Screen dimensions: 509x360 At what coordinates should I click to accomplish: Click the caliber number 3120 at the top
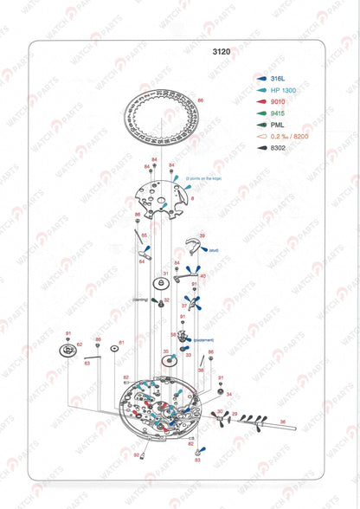(222, 52)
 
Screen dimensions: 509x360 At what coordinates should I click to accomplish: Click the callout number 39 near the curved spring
(202, 235)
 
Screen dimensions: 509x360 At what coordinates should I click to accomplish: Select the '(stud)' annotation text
(213, 250)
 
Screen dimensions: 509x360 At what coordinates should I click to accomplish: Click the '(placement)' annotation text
(204, 339)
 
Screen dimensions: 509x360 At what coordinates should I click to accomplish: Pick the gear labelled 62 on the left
(66, 350)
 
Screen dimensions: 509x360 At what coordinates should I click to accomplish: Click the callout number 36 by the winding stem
(282, 422)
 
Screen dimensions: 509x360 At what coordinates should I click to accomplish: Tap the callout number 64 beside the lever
(141, 261)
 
